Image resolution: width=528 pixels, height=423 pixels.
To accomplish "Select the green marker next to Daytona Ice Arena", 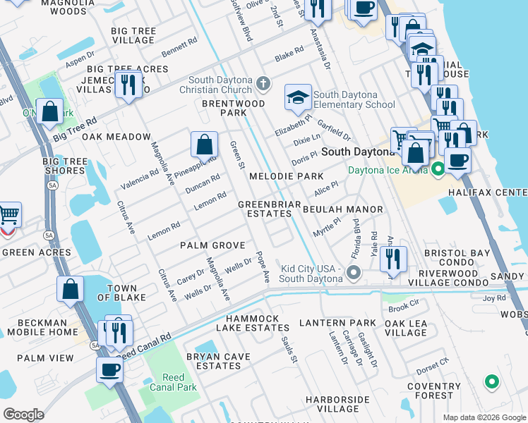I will tap(438, 169).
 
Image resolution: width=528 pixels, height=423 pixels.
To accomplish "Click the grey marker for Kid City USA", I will tap(354, 272).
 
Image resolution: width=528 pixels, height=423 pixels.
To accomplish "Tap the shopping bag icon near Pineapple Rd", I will tap(203, 145).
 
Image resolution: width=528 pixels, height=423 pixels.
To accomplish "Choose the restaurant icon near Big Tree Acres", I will tap(128, 85).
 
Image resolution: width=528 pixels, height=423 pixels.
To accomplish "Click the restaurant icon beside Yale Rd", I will tap(393, 259).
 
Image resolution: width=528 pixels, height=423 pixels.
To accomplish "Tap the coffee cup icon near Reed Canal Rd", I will tap(109, 369).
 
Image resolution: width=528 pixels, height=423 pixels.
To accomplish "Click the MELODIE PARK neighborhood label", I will tap(286, 176).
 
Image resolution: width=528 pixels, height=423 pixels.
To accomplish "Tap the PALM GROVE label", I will tap(212, 245).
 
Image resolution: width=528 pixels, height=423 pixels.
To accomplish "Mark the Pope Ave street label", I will tap(263, 266).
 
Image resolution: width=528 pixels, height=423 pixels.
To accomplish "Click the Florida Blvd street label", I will tap(356, 239).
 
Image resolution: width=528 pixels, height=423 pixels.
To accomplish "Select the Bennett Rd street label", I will tap(179, 48).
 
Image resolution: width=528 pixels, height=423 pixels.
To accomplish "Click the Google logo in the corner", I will tap(23, 415).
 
